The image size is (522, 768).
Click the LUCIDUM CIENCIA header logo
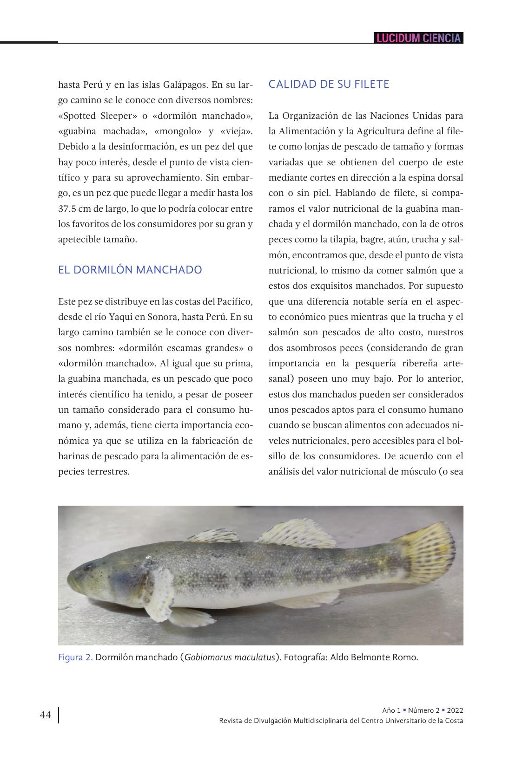coord(418,38)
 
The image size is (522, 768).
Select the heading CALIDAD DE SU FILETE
coord(329,84)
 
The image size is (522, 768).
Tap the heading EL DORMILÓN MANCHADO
coord(130,270)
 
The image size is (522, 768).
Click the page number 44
coord(46,715)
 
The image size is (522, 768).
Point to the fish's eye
coord(88,567)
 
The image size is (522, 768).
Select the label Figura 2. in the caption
coord(75,657)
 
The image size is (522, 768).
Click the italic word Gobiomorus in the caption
coord(207,657)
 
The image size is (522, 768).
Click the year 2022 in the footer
coord(455,710)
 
